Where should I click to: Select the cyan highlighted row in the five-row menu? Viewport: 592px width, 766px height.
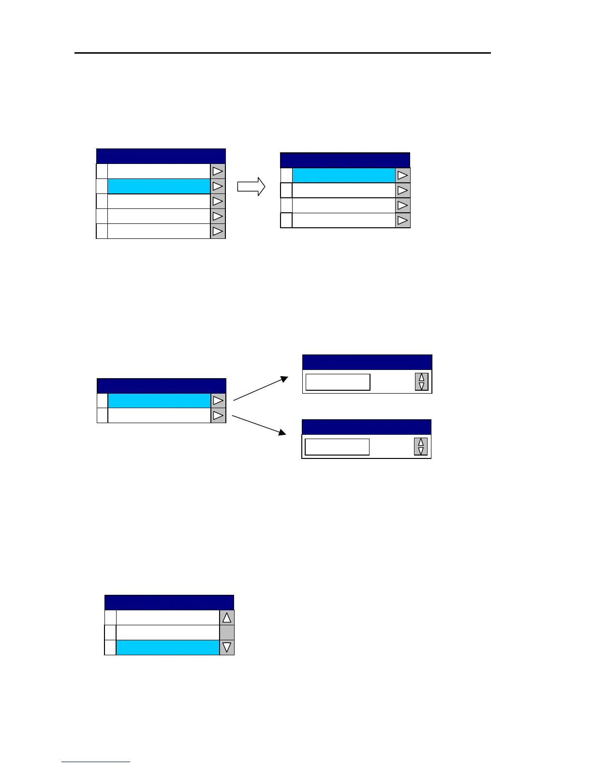[x=159, y=186]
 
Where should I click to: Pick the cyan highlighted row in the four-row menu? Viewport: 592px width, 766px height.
[x=343, y=176]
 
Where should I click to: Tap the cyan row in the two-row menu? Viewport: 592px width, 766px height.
[x=159, y=401]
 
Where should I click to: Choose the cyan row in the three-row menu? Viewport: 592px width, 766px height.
[x=167, y=648]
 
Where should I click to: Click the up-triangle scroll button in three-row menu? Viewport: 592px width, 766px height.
[x=226, y=618]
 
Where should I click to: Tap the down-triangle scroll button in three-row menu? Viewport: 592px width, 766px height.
[x=226, y=648]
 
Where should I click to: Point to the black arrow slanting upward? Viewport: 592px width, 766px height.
[x=261, y=389]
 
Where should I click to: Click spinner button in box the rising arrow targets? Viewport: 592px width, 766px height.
[x=421, y=382]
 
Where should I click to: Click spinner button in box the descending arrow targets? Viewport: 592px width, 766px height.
[x=421, y=447]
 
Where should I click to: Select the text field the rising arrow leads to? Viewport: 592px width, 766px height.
[x=338, y=382]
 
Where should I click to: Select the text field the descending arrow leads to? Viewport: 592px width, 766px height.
[x=337, y=447]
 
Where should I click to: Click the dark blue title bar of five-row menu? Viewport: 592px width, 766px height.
[x=161, y=156]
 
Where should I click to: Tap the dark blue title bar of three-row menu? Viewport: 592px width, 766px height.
[x=169, y=603]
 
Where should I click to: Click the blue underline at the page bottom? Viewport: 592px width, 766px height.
[x=96, y=762]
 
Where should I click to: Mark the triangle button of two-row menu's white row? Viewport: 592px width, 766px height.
[x=218, y=415]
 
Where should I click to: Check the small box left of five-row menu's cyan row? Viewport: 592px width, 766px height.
[x=102, y=186]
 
